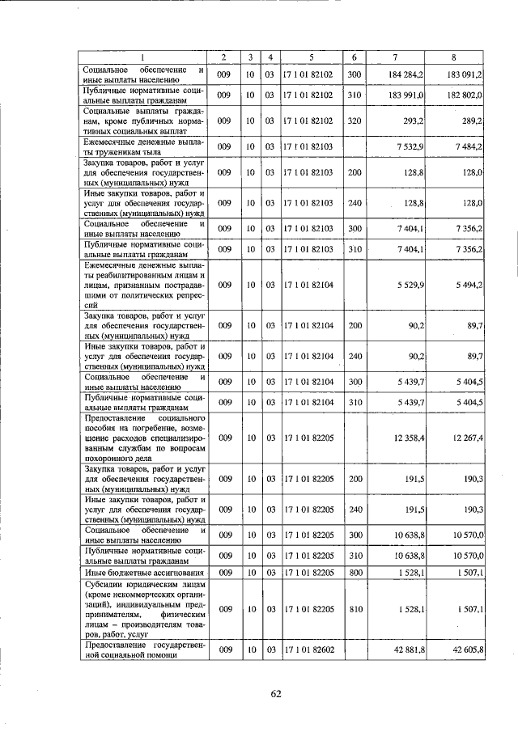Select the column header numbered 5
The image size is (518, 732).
(x=311, y=57)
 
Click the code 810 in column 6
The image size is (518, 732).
(x=354, y=608)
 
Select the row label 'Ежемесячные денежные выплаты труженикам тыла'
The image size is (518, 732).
(x=143, y=146)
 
